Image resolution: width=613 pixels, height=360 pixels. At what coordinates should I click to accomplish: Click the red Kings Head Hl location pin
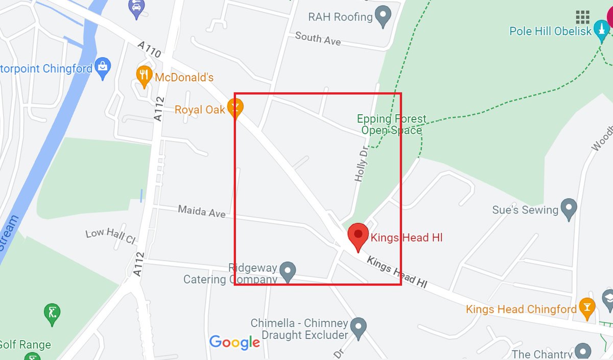point(358,235)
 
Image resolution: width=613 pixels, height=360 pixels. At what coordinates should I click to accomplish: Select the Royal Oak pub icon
point(235,109)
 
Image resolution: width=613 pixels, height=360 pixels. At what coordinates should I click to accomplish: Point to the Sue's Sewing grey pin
point(569,208)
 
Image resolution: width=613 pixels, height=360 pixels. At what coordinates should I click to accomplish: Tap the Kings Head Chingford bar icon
point(586,308)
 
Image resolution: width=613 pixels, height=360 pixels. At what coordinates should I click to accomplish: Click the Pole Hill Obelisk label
point(550,31)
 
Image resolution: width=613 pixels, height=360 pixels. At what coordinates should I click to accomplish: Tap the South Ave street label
point(318,38)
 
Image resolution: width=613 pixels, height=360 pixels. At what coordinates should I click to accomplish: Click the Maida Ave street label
point(202,210)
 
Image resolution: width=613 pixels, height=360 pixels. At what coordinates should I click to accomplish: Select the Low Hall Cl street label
point(110,235)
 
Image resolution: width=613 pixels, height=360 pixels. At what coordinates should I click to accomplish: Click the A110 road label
point(150,50)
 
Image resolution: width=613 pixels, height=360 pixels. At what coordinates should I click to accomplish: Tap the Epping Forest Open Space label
point(392,125)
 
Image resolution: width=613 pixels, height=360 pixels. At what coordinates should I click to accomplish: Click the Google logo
point(234,343)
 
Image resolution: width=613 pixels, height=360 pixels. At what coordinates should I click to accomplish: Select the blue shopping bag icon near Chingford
point(103,68)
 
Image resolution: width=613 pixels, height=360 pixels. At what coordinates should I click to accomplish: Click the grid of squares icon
point(582,17)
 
